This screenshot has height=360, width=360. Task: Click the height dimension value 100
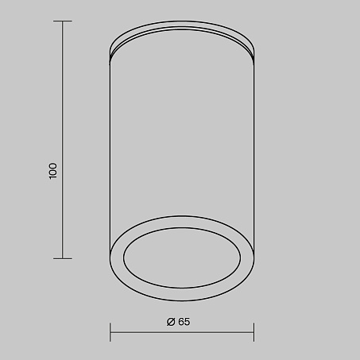click(53, 171)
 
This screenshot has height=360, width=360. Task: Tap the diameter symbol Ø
click(171, 322)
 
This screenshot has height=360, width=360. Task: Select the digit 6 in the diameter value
click(181, 322)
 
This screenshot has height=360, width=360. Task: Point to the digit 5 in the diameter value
click(187, 322)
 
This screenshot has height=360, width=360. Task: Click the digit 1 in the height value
click(53, 177)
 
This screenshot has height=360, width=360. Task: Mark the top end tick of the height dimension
click(63, 21)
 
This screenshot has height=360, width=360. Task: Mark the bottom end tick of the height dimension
click(63, 258)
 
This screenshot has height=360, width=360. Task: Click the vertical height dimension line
click(63, 140)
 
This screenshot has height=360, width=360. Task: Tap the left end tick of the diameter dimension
click(110, 332)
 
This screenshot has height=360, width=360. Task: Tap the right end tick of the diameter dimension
click(254, 332)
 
